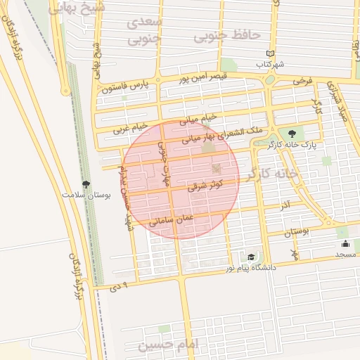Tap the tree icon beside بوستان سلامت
tap(86, 184)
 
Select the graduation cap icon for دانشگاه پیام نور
tap(251, 258)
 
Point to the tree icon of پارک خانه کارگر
tap(290, 133)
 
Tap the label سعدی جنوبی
tap(146, 31)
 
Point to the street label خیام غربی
tap(131, 128)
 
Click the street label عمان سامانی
tap(171, 220)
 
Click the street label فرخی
tap(302, 82)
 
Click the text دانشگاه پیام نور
tap(251, 268)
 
